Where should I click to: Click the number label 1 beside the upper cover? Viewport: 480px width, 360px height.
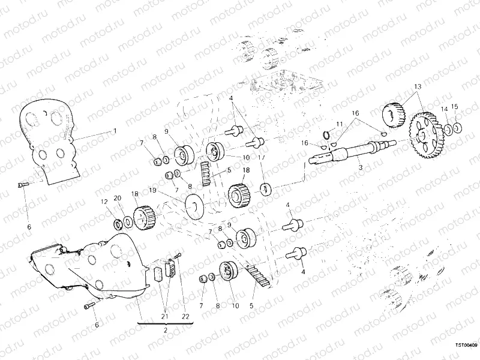(x=115, y=131)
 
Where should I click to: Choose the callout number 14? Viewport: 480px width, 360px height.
(x=444, y=109)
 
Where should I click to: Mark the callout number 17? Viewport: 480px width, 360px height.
(x=262, y=157)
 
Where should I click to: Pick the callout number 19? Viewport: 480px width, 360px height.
(x=152, y=190)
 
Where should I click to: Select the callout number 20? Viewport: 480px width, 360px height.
(x=118, y=198)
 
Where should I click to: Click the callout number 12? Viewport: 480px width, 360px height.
(x=103, y=202)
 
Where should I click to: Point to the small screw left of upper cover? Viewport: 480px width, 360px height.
(x=22, y=186)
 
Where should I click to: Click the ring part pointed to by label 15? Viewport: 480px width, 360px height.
(x=457, y=128)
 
